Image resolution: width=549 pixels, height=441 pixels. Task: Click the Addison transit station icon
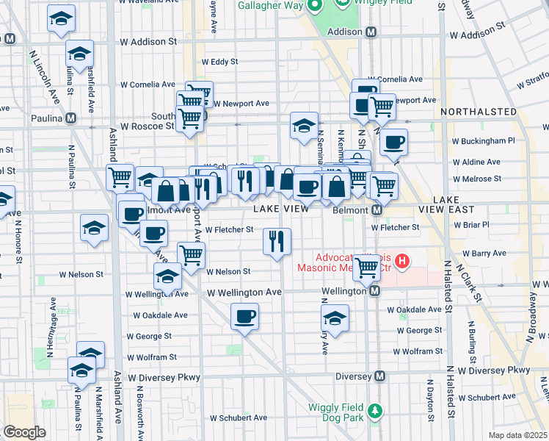point(371,32)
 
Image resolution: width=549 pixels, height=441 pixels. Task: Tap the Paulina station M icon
point(71,118)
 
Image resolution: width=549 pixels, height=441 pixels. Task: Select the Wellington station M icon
point(374,291)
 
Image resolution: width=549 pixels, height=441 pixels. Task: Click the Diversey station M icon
point(380,376)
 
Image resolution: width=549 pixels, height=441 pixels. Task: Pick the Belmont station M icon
point(377,210)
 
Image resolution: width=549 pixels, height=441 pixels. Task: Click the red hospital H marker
point(401,260)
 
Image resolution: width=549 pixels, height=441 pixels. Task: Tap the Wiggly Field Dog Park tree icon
point(376,409)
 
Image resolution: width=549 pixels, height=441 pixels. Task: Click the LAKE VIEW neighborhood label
point(282,209)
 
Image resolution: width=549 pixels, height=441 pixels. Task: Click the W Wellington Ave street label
point(244,293)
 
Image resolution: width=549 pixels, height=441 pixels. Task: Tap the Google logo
point(24,432)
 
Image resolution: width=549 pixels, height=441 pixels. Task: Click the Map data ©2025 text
point(518,435)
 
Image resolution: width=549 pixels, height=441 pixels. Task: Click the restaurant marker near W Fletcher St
point(277,240)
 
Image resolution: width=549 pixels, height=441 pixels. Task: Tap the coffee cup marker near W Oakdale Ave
point(244,317)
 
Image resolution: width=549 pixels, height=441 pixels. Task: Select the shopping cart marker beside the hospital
point(366,267)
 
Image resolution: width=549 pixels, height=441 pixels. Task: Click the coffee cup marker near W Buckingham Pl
point(393,141)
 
